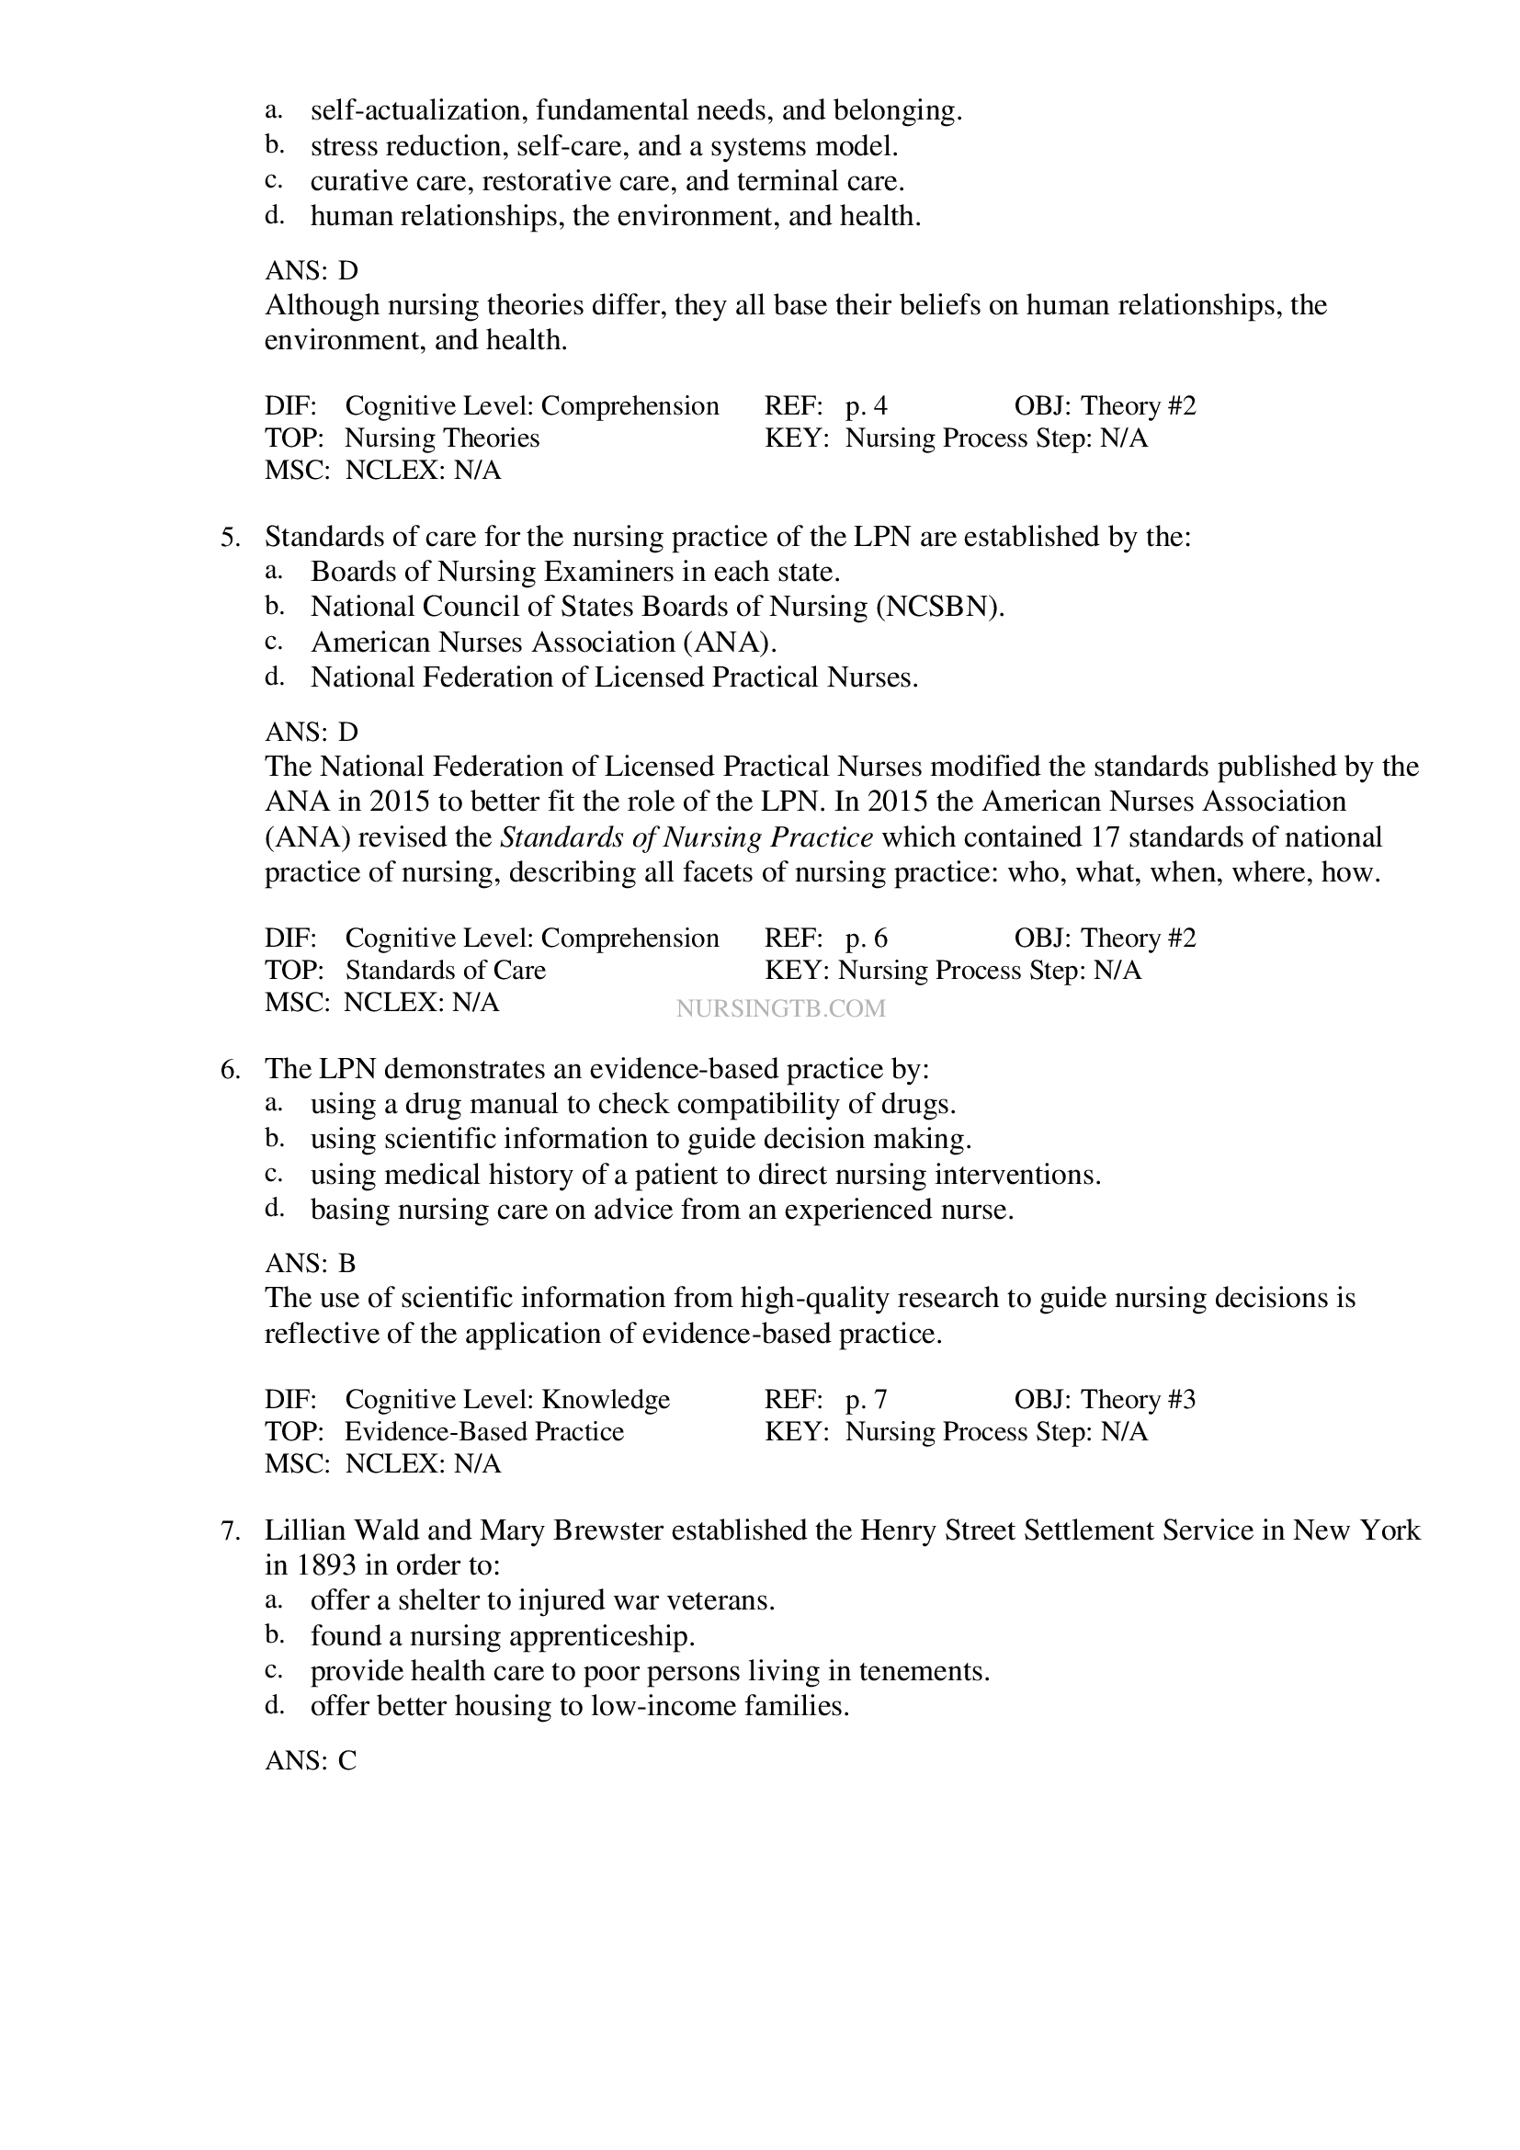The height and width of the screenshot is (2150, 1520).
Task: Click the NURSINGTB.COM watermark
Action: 779,1008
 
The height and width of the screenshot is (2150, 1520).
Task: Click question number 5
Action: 231,538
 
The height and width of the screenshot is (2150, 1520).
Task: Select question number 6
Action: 231,1069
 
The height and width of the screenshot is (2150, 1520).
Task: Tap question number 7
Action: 231,1531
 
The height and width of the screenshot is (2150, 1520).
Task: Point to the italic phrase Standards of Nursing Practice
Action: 687,837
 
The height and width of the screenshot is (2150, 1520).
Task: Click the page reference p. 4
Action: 866,406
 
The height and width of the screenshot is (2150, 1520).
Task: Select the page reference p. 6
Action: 866,938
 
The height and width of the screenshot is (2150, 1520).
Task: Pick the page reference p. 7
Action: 866,1400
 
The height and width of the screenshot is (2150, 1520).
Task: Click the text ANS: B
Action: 310,1264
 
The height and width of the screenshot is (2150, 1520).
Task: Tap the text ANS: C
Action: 310,1761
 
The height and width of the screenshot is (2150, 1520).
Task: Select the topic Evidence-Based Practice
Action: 484,1432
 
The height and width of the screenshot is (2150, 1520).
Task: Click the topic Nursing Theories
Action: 442,438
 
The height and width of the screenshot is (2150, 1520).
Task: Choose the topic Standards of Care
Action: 446,970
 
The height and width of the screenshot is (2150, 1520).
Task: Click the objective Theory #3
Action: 1138,1400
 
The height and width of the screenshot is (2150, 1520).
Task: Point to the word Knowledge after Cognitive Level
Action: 606,1400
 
